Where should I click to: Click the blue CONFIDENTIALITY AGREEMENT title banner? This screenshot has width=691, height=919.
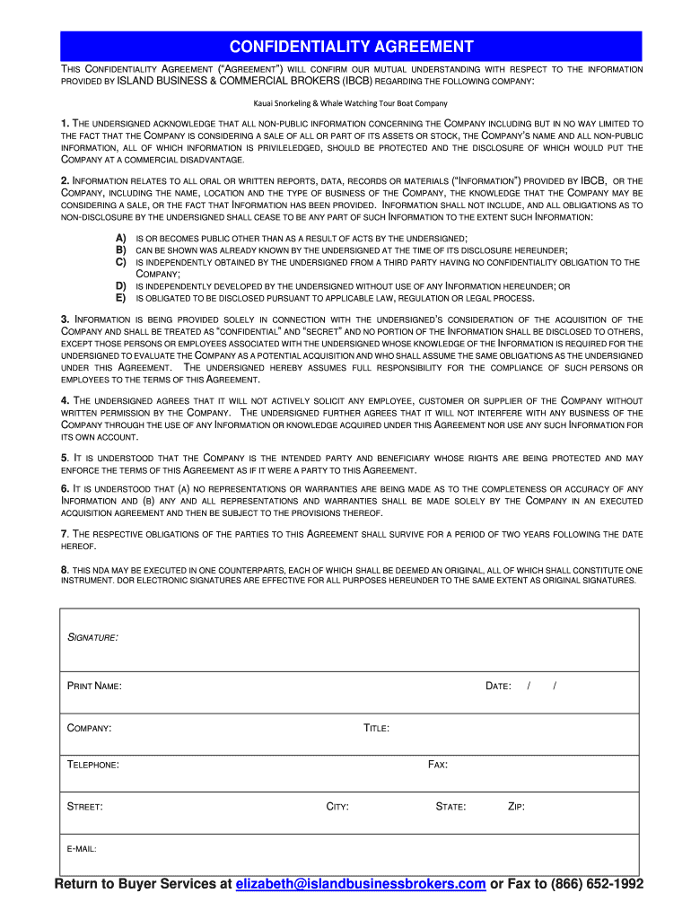(351, 47)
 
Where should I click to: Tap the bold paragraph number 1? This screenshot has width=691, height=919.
(65, 123)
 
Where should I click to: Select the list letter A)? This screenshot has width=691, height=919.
(120, 238)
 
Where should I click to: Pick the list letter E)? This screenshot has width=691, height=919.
(120, 298)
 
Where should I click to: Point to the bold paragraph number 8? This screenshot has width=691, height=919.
(65, 570)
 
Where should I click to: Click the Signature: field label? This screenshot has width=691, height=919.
(93, 637)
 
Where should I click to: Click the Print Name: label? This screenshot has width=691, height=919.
(95, 686)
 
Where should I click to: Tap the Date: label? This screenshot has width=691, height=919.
(498, 686)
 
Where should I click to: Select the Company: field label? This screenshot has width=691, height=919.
(90, 728)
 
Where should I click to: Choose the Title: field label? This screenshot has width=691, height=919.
(376, 728)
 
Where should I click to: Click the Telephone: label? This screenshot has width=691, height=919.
(93, 765)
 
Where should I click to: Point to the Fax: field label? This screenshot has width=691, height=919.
(438, 765)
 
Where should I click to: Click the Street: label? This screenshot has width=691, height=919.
(85, 807)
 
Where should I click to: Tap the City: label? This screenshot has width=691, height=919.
(337, 807)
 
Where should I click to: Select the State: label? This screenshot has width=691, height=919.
(450, 807)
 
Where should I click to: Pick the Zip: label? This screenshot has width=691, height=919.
(516, 807)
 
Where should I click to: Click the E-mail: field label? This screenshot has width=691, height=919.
(83, 848)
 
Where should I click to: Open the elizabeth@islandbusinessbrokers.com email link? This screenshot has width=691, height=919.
(361, 884)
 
